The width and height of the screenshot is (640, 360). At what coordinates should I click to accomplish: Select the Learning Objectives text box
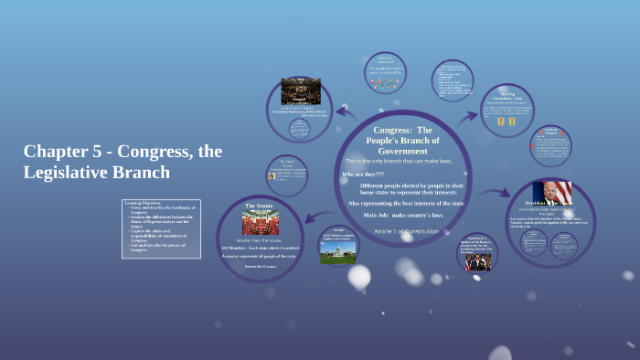pos(160,228)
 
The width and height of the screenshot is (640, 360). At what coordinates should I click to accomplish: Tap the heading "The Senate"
pos(259,206)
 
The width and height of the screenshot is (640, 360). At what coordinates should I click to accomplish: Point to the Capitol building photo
pos(338,251)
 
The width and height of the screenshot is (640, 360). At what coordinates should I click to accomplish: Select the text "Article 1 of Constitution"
pos(406,231)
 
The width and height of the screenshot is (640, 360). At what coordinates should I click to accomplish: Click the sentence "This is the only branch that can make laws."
pos(406,161)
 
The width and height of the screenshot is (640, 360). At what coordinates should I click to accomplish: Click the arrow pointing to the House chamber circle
pos(347,112)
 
